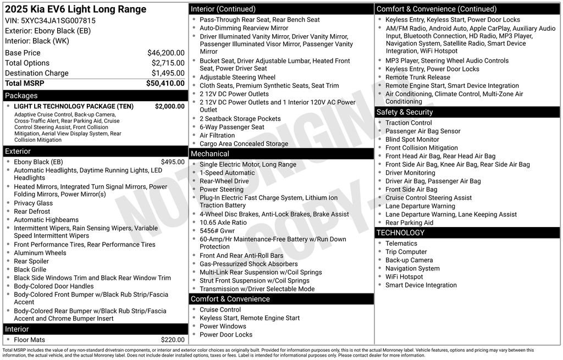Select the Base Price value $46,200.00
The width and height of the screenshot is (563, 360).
pyautogui.click(x=165, y=53)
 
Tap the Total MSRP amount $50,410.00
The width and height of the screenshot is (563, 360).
pyautogui.click(x=165, y=83)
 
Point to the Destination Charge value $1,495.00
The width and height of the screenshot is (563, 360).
pyautogui.click(x=168, y=73)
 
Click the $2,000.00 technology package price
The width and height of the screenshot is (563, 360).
pyautogui.click(x=169, y=106)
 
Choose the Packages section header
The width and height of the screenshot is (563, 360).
pyautogui.click(x=21, y=96)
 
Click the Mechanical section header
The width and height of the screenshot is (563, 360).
pyautogui.click(x=209, y=154)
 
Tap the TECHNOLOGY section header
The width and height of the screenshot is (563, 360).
pyautogui.click(x=400, y=233)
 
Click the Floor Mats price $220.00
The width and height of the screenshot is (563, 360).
pyautogui.click(x=173, y=340)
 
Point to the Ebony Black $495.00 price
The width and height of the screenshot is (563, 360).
pyautogui.click(x=173, y=162)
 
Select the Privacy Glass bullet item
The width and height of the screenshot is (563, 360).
pyautogui.click(x=33, y=203)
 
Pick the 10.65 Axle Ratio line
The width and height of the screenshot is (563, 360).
pyautogui.click(x=223, y=223)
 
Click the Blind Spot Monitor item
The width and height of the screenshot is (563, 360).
pyautogui.click(x=412, y=140)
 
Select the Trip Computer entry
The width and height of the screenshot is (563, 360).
pyautogui.click(x=406, y=252)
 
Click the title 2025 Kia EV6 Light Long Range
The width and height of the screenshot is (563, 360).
pyautogui.click(x=76, y=9)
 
